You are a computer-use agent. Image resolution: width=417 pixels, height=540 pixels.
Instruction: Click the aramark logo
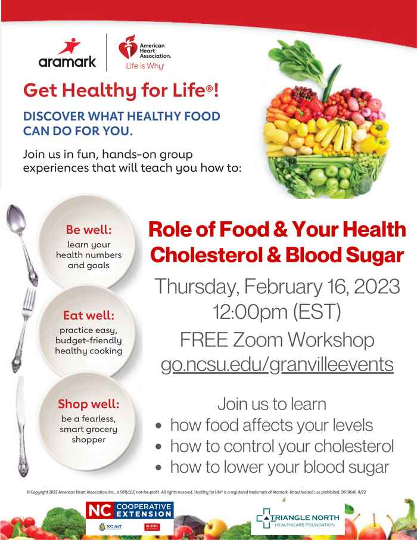coord(67,53)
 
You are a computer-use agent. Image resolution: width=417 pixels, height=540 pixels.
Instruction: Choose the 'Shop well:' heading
coord(89,404)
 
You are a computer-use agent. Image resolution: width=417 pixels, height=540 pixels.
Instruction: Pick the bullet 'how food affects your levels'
coord(271,425)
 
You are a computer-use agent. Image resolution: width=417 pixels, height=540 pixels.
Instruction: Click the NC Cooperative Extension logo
coord(129,511)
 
